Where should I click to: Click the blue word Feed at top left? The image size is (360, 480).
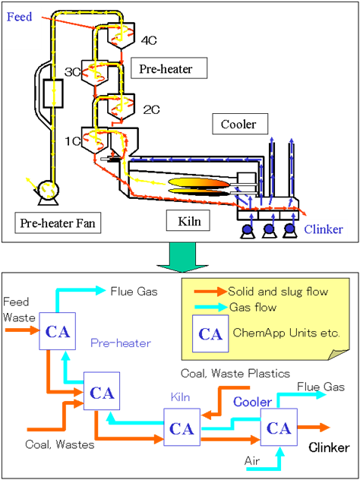(x=19, y=17)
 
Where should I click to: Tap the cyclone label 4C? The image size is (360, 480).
(x=149, y=41)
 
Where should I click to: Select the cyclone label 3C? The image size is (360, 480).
(x=72, y=72)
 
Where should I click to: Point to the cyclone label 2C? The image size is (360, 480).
(x=152, y=110)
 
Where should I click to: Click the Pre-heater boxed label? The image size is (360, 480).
(x=169, y=68)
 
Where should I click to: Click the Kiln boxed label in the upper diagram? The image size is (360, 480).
(x=188, y=220)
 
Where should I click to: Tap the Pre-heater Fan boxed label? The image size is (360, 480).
(x=58, y=223)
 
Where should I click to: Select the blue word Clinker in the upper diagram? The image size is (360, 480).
(x=324, y=229)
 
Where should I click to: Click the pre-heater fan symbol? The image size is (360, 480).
(x=47, y=191)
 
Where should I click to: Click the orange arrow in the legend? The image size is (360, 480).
(x=210, y=292)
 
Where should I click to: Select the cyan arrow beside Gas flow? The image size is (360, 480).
(x=211, y=307)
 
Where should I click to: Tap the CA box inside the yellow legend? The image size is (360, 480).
(x=210, y=333)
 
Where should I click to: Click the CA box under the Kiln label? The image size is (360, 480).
(x=182, y=427)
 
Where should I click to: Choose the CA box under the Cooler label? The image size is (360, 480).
(x=279, y=427)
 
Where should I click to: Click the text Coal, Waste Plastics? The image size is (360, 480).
(x=235, y=374)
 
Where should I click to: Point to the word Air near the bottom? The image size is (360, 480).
(x=252, y=461)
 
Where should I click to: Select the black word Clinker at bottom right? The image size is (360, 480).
(x=329, y=447)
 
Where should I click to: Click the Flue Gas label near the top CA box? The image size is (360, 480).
(x=134, y=291)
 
